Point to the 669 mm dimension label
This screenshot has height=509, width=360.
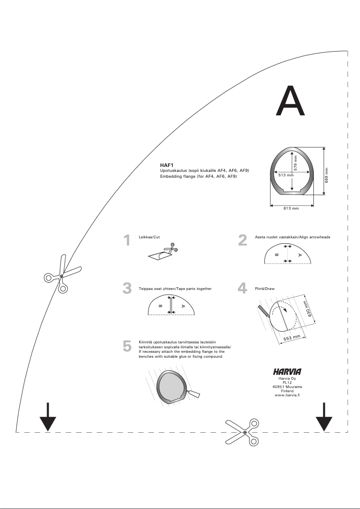pyautogui.click(x=327, y=171)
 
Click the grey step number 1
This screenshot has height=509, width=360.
pyautogui.click(x=127, y=241)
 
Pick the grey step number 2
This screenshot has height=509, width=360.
pyautogui.click(x=242, y=241)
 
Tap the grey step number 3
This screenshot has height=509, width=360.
pyautogui.click(x=127, y=288)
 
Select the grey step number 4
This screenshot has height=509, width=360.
pyautogui.click(x=242, y=288)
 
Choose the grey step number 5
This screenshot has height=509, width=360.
pyautogui.click(x=127, y=346)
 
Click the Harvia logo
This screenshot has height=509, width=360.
pyautogui.click(x=287, y=372)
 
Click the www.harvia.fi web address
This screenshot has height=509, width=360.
pyautogui.click(x=287, y=395)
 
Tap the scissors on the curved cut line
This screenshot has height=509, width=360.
pyautogui.click(x=62, y=274)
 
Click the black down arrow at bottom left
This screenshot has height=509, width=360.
pyautogui.click(x=48, y=417)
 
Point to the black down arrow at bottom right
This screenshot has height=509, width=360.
pyautogui.click(x=324, y=417)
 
